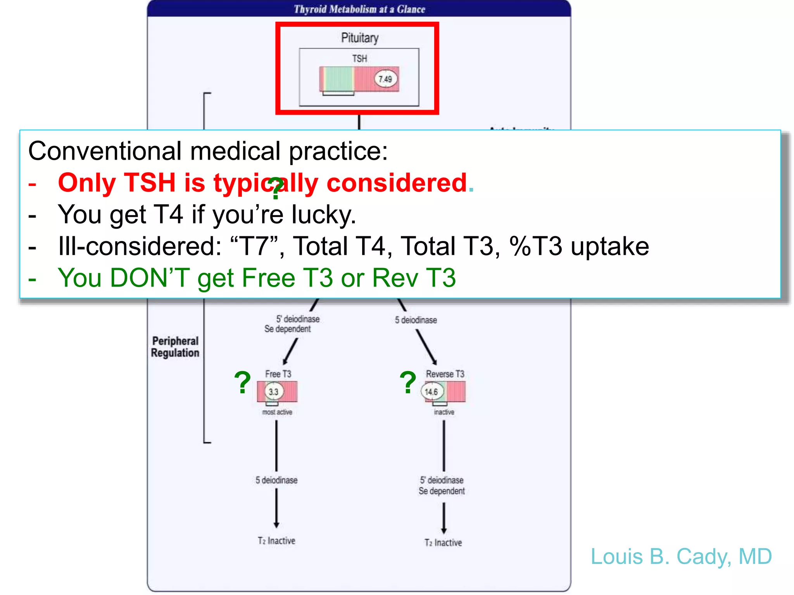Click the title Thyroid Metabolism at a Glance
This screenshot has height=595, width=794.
coord(359,9)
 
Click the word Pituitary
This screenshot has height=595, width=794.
coord(359,38)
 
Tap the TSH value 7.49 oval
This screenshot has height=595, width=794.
coord(385,79)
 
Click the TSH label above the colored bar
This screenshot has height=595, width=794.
coord(359,58)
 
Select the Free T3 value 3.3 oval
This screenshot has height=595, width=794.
coord(274,392)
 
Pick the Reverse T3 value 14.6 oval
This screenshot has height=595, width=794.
coord(431,392)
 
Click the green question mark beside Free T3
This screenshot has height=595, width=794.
coord(243,383)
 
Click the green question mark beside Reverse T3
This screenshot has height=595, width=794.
coord(408,383)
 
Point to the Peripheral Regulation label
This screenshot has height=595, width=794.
coord(175,347)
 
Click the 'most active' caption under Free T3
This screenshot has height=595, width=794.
coord(277,412)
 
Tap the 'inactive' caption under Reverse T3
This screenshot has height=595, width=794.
coord(444,412)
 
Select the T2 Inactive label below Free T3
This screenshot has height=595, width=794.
coord(276,541)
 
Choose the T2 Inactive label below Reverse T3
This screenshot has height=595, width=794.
coord(443,543)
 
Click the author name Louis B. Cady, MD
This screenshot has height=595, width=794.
coord(681,557)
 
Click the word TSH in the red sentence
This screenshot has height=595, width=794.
coord(149,182)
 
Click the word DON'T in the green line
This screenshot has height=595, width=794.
coord(150,278)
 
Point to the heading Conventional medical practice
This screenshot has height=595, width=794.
coord(208,151)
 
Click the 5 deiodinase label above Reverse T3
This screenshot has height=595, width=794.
coord(416,320)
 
